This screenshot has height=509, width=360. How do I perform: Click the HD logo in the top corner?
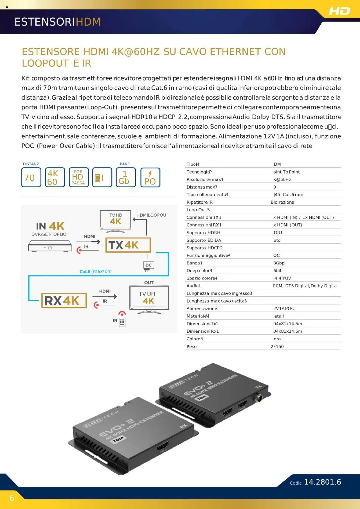[x=339, y=11]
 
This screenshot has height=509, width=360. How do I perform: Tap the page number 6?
[x=12, y=498]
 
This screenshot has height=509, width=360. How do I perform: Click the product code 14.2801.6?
[x=323, y=482]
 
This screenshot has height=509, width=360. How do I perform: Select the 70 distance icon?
[x=31, y=177]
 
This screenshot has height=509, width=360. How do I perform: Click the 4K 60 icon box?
[x=55, y=177]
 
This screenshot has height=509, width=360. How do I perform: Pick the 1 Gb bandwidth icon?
[x=125, y=177]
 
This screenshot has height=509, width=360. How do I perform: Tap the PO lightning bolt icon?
[x=150, y=177]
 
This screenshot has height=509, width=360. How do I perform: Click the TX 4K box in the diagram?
[x=128, y=245]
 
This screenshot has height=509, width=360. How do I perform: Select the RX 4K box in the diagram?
[x=64, y=301]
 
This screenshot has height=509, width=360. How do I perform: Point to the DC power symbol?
[x=148, y=265]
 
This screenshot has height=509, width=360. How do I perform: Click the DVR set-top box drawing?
[x=50, y=246]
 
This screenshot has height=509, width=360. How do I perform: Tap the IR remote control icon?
[x=122, y=322]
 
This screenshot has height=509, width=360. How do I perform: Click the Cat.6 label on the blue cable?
[x=85, y=271]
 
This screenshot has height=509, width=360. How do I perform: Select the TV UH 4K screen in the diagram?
[x=149, y=298]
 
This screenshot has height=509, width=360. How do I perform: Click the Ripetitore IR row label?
[x=199, y=202]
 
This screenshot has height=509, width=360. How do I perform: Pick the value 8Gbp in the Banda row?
[x=279, y=263]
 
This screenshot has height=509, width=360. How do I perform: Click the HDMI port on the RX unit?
[x=162, y=447]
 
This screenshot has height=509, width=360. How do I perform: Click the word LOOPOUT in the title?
[x=45, y=64]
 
